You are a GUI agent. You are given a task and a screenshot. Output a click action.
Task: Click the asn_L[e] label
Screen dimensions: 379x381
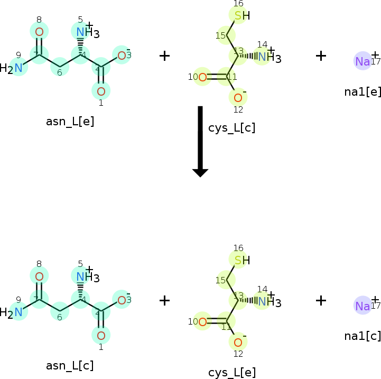point(70,122)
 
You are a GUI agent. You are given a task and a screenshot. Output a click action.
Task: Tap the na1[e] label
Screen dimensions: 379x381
point(363,91)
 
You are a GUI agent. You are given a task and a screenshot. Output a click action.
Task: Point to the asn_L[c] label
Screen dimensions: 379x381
point(70,365)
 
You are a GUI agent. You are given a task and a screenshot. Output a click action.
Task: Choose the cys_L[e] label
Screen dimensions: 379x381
point(232,372)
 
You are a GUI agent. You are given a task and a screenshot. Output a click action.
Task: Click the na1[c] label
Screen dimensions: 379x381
point(363,336)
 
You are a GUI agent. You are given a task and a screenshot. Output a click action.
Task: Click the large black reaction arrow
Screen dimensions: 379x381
point(200,141)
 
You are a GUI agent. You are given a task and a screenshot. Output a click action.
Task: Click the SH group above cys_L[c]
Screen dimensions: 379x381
point(241,16)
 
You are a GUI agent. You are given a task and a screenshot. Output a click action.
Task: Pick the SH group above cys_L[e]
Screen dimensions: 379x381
point(241,260)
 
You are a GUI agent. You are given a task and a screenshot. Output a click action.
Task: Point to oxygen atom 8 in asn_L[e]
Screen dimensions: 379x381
point(39,32)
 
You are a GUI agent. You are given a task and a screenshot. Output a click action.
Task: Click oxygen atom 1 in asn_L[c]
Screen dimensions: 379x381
point(101,335)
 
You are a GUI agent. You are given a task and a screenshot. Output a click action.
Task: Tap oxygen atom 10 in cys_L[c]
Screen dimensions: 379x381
point(202,78)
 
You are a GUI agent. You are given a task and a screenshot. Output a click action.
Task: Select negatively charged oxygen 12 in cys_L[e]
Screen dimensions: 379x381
point(238,341)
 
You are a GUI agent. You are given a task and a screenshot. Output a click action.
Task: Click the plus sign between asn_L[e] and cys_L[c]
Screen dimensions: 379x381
point(165,56)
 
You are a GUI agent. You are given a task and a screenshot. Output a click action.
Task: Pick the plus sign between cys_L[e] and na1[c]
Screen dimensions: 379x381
point(321,300)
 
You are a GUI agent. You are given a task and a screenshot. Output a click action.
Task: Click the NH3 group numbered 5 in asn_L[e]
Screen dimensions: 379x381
point(85,33)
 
